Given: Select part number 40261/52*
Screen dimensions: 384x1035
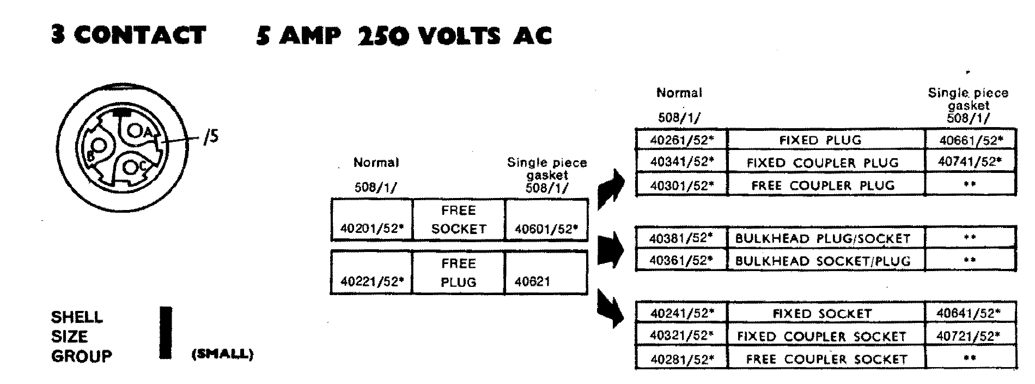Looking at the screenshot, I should pyautogui.click(x=681, y=140).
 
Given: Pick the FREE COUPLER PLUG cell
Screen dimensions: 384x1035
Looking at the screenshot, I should pyautogui.click(x=823, y=185).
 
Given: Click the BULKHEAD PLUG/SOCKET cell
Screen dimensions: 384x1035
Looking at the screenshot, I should pyautogui.click(x=823, y=238).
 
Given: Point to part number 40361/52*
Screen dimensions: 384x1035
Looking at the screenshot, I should pyautogui.click(x=681, y=260).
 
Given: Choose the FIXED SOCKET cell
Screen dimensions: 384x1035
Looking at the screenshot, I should pyautogui.click(x=823, y=314).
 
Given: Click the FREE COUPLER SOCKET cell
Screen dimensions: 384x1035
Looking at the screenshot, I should pyautogui.click(x=826, y=359).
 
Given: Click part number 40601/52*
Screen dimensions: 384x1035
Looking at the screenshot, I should pyautogui.click(x=546, y=229).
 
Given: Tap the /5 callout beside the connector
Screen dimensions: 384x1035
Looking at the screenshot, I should pyautogui.click(x=210, y=136).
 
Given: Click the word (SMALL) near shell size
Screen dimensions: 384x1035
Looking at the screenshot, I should pyautogui.click(x=222, y=354).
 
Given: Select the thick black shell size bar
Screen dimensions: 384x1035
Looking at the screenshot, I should pyautogui.click(x=166, y=333).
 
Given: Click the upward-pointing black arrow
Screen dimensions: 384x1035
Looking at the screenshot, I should pyautogui.click(x=611, y=189).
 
